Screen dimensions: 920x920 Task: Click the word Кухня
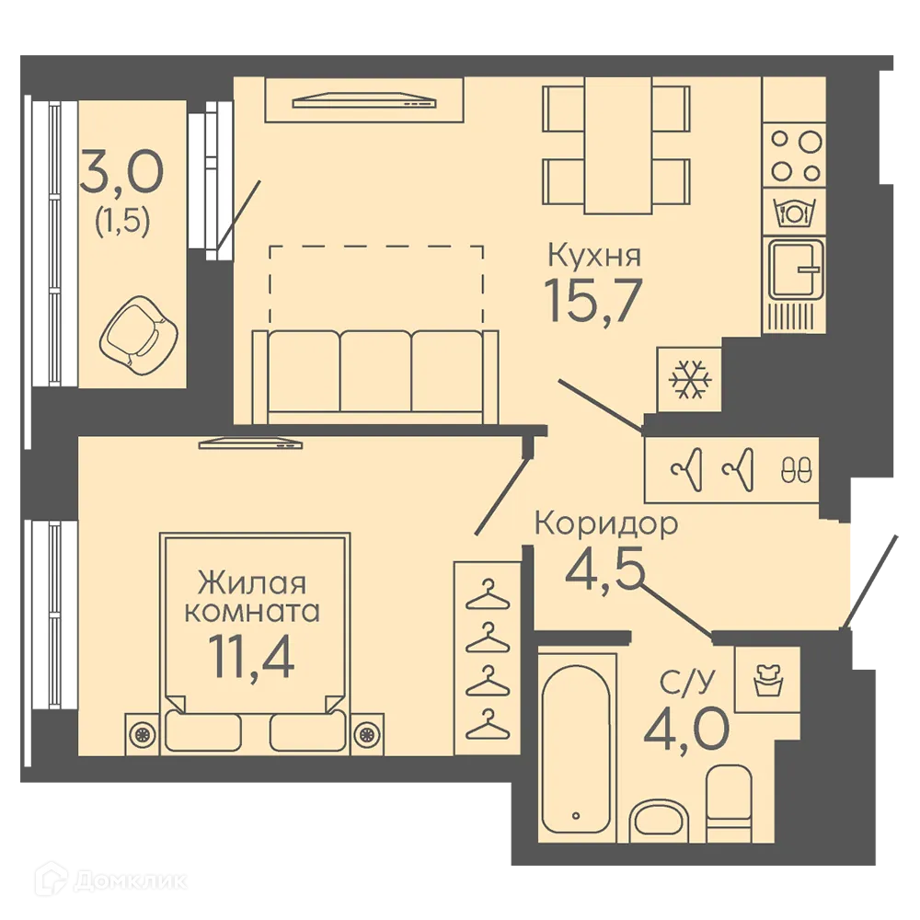coord(593,256)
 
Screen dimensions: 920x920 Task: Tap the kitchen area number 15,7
coord(593,301)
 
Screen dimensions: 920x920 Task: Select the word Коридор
coord(606,524)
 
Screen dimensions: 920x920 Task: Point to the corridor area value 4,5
coord(604,569)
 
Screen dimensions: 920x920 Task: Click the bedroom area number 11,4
coord(251,657)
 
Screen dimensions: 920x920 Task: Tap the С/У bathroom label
coord(687,683)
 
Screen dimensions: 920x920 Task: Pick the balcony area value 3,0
coord(122,171)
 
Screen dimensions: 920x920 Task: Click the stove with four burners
coord(795,155)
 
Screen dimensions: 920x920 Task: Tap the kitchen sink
coord(795,270)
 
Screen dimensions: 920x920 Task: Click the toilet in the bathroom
coord(729,802)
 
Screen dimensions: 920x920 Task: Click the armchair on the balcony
coord(139,335)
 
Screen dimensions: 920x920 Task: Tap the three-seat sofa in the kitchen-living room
coord(375,376)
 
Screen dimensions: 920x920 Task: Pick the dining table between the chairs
coord(618,145)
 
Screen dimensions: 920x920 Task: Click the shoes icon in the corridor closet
coord(796,470)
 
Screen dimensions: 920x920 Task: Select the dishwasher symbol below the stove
coord(795,212)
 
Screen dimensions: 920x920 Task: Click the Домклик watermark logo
coord(111,880)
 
